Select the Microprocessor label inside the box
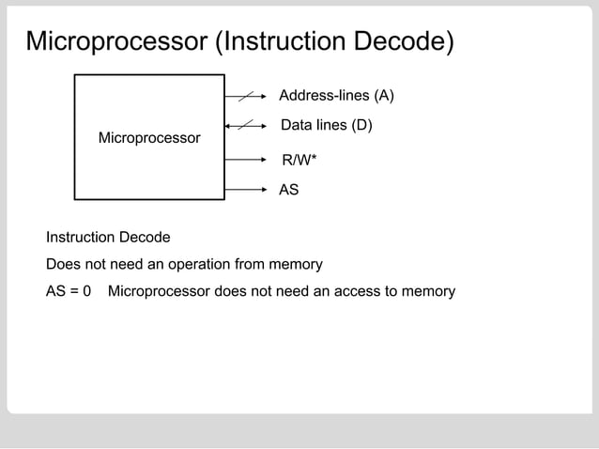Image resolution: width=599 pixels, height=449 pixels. [x=149, y=138]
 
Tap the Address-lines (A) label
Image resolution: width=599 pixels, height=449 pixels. [x=336, y=96]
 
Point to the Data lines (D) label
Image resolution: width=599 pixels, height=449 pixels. [x=327, y=125]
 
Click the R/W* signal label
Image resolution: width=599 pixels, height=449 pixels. [x=299, y=161]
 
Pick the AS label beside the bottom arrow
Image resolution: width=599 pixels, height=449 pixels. [x=289, y=190]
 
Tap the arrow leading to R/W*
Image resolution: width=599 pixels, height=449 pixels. [x=248, y=160]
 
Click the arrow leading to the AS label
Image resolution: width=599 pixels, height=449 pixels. [x=248, y=190]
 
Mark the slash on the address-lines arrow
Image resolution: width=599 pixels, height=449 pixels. [x=246, y=96]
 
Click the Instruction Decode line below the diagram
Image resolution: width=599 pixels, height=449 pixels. [x=108, y=237]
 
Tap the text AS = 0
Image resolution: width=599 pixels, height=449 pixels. [x=69, y=291]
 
